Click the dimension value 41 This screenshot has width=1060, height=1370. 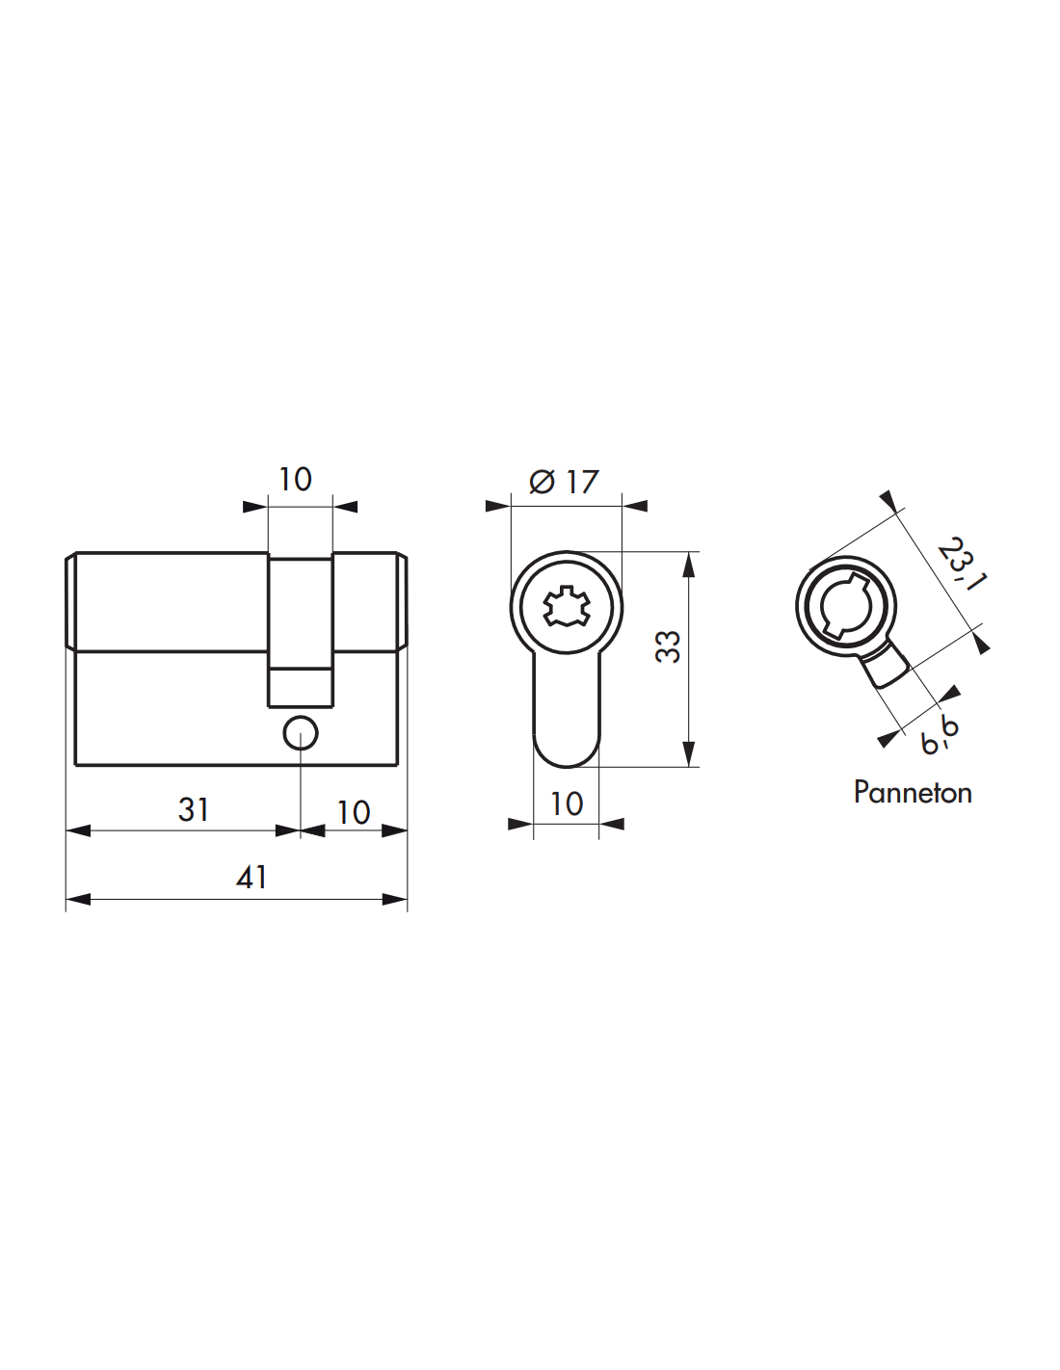tap(252, 878)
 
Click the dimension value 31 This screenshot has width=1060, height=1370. tap(193, 810)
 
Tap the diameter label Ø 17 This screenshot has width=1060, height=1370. tap(564, 483)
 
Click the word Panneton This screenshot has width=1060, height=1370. tap(913, 793)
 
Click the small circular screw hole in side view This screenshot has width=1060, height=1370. tap(301, 732)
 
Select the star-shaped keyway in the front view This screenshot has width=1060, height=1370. tap(567, 606)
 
